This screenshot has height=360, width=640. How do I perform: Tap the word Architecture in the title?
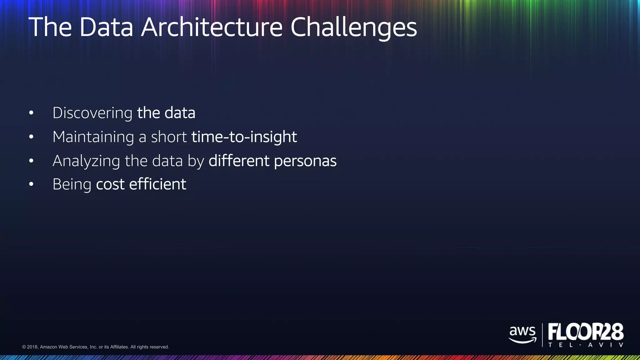[212, 27]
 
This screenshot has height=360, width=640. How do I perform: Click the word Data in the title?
[106, 27]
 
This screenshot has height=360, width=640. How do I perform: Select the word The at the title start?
[50, 27]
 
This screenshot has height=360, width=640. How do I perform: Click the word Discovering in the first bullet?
[92, 113]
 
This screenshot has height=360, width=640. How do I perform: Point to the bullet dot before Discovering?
[31, 113]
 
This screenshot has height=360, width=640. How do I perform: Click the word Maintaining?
[93, 137]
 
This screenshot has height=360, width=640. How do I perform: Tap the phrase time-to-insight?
[244, 137]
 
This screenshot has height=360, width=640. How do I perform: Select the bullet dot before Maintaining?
[31, 137]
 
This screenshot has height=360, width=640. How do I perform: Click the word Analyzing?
[86, 161]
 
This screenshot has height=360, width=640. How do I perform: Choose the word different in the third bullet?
[239, 161]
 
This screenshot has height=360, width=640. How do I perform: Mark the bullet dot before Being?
[31, 184]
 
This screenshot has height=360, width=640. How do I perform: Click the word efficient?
[157, 184]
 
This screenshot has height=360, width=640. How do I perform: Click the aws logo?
[522, 334]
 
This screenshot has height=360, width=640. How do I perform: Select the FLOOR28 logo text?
[586, 332]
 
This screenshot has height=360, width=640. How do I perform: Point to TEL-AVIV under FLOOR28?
[586, 345]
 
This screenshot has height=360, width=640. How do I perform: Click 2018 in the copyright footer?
[32, 347]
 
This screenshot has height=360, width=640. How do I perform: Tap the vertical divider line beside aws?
[542, 335]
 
